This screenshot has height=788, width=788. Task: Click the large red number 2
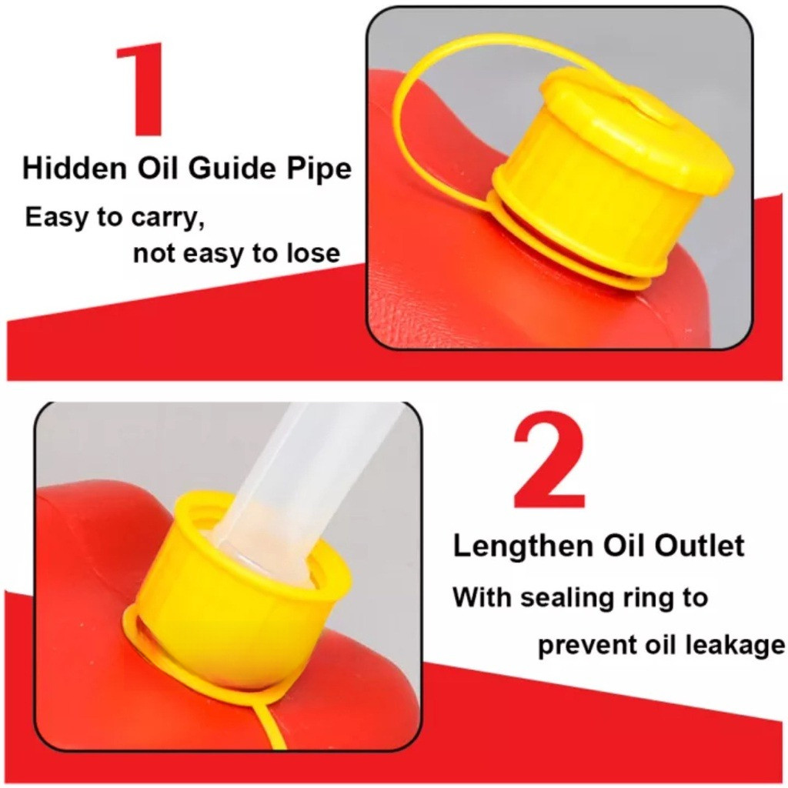549,459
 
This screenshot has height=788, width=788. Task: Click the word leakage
742,646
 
